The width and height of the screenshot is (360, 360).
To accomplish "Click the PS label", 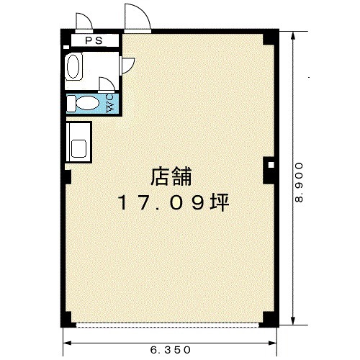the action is [94, 40].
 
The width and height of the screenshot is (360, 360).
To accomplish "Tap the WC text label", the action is [110, 104].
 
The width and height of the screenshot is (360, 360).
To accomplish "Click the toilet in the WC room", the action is [83, 104].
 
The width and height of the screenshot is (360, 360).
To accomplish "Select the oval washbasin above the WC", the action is [73, 66].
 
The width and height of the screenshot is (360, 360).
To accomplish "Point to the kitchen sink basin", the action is [78, 148].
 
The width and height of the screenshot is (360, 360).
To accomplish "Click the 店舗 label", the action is [171, 177].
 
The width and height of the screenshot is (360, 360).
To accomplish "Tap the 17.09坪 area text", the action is [173, 203].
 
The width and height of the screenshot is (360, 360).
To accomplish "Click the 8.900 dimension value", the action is [299, 182].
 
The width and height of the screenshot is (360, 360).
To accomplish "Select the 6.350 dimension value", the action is [171, 350].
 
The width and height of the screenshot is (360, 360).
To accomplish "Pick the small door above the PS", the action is [84, 22].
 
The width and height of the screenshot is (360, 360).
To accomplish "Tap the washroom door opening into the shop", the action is [127, 66].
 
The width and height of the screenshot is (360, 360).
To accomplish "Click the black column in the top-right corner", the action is [271, 37].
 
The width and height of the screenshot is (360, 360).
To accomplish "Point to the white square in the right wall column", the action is [271, 165].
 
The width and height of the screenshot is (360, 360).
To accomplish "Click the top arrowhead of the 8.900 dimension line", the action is [293, 36].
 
